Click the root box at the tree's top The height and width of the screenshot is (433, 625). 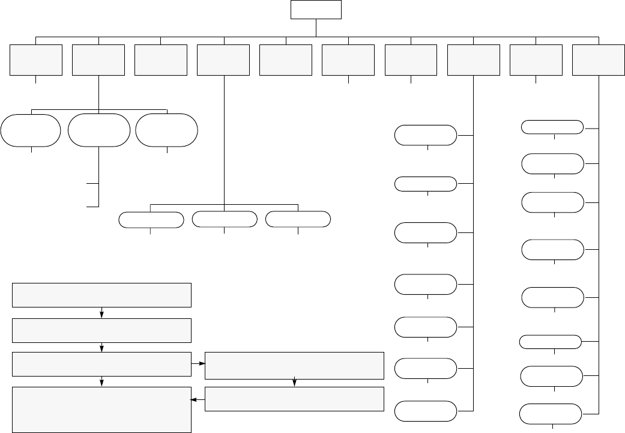click(x=316, y=10)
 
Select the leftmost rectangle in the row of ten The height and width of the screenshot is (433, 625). click(x=36, y=59)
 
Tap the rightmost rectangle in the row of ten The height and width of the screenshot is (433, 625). click(x=599, y=59)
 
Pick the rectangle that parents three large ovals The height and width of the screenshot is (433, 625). click(x=98, y=59)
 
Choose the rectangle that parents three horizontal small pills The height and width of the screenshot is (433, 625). click(x=223, y=59)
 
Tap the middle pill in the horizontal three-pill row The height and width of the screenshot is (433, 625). click(x=224, y=220)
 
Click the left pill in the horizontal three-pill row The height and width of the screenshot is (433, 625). click(x=151, y=220)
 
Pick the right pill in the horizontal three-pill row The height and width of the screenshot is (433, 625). click(x=298, y=220)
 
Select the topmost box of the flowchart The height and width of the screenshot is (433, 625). click(x=102, y=295)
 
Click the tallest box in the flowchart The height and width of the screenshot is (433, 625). click(x=102, y=410)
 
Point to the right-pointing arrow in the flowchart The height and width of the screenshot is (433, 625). click(x=199, y=364)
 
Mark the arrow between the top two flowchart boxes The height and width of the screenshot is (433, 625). click(x=102, y=313)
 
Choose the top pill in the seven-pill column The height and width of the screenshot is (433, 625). click(x=425, y=135)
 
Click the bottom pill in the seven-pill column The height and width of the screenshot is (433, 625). click(x=425, y=411)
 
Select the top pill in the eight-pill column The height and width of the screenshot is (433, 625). click(x=552, y=127)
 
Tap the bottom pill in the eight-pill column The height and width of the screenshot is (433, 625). click(x=551, y=414)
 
